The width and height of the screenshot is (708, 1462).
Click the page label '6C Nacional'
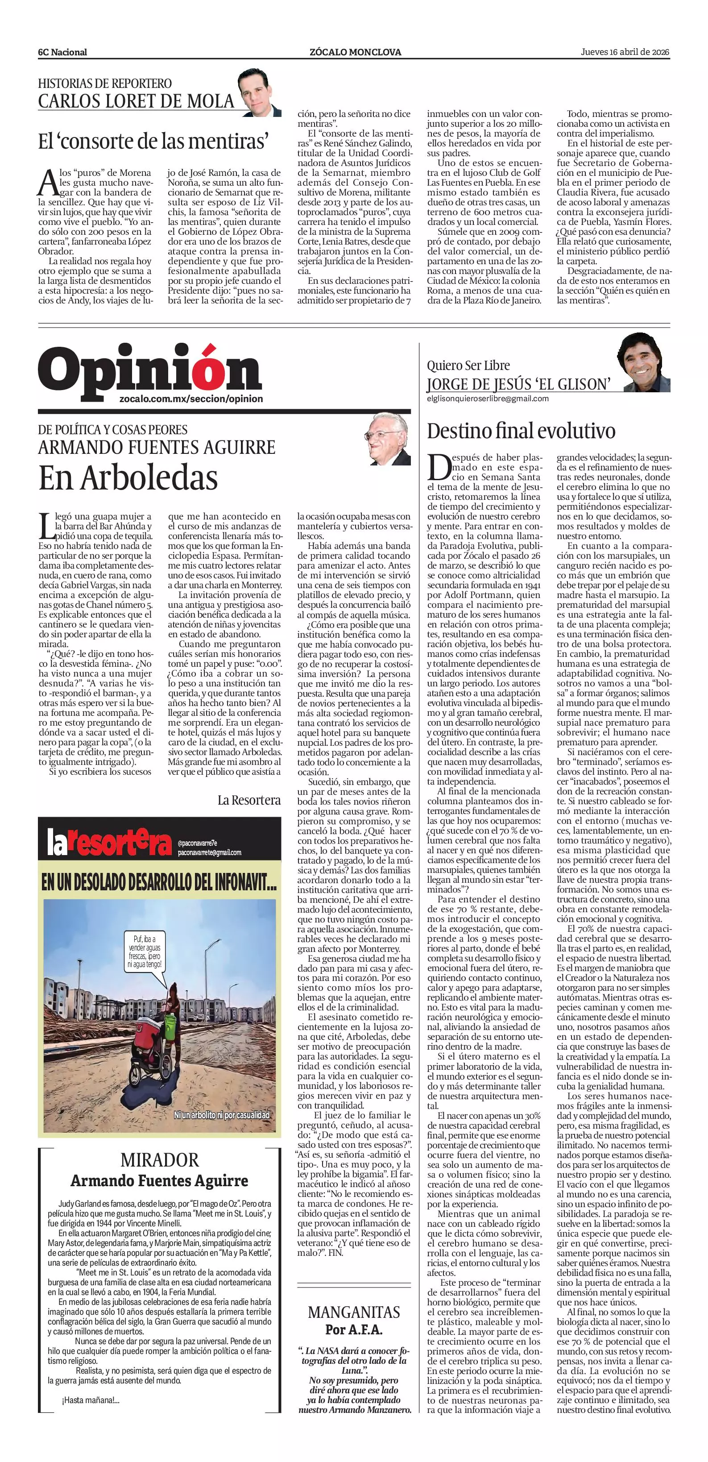[x=62, y=52]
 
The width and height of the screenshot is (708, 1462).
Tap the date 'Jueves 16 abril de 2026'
[x=625, y=52]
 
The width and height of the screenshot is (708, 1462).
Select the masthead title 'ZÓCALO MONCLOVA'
[x=355, y=52]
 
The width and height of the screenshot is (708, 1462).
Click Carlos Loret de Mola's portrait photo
[x=259, y=92]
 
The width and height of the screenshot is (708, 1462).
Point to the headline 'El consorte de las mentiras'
[x=153, y=141]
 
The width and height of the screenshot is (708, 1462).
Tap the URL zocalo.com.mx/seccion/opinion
[x=192, y=399]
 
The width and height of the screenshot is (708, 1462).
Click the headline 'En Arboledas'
[x=128, y=478]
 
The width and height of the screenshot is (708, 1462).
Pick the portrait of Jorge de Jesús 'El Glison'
[x=643, y=363]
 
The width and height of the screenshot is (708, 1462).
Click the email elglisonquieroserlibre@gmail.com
[x=488, y=399]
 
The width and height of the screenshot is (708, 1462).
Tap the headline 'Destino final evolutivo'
[x=521, y=431]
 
